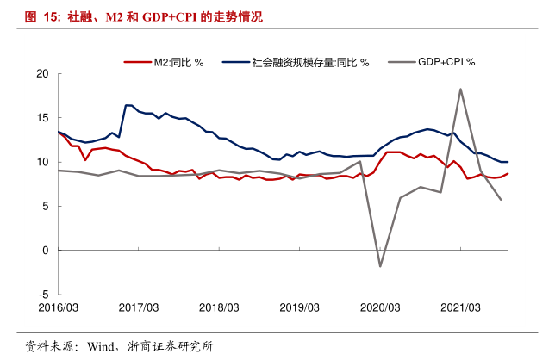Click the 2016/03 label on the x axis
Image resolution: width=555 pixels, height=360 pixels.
click(58, 307)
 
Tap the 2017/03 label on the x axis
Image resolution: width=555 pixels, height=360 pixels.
click(139, 307)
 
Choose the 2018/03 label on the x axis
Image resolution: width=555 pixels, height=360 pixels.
click(219, 307)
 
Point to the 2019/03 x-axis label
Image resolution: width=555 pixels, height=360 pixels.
click(299, 307)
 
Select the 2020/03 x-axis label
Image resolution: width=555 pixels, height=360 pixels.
click(380, 307)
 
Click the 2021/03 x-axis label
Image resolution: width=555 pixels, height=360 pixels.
click(460, 307)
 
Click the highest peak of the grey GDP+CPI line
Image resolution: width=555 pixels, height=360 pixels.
click(461, 89)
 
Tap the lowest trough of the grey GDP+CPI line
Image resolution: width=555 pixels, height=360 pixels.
click(380, 266)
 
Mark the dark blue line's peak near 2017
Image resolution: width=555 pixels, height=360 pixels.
click(128, 105)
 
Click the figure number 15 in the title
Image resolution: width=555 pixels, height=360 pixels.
click(50, 16)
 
